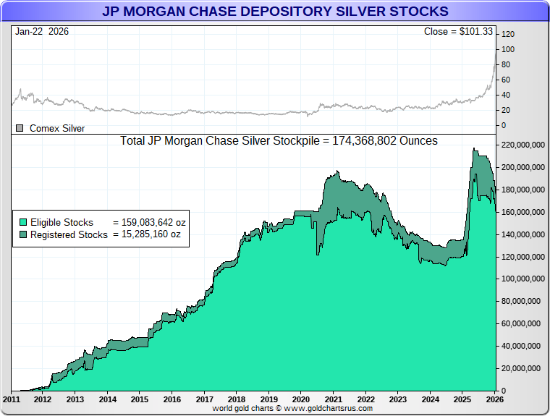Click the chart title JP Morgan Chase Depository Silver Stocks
click(x=275, y=12)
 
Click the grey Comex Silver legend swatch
click(x=20, y=128)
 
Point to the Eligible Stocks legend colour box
click(x=22, y=222)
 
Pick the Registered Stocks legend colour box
click(x=22, y=234)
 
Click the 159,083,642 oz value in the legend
click(x=150, y=222)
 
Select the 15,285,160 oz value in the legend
click(x=147, y=234)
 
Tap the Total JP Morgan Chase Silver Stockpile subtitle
click(x=279, y=141)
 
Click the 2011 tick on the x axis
click(x=11, y=399)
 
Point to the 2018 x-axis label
click(x=237, y=399)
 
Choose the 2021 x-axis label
click(x=334, y=399)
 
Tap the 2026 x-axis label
click(x=495, y=399)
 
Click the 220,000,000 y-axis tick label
click(x=521, y=145)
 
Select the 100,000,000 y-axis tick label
click(x=521, y=279)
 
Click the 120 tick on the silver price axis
click(x=508, y=34)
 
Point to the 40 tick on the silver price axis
click(x=506, y=95)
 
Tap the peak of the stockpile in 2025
click(x=474, y=148)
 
